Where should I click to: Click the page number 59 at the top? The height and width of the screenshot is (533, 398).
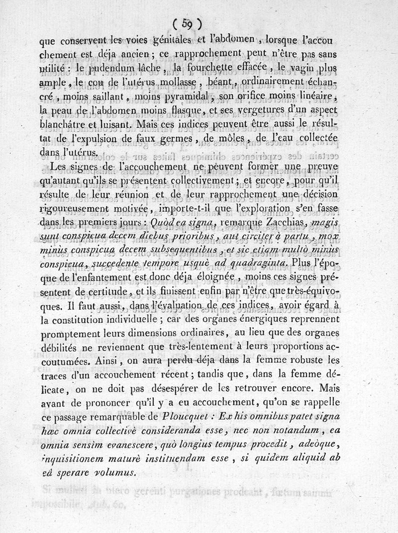point(187,22)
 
